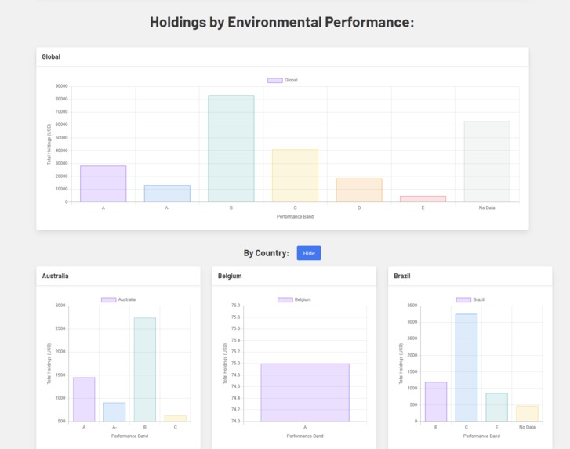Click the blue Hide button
(309, 253)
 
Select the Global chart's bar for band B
(231, 149)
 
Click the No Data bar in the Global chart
(487, 161)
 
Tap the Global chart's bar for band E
(423, 199)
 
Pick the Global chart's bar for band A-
(167, 194)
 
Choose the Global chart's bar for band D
(359, 190)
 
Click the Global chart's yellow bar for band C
(295, 176)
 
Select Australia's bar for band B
(145, 369)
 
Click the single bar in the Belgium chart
(305, 392)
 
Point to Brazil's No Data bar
(527, 413)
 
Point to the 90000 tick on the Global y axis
(61, 86)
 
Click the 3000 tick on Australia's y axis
(61, 306)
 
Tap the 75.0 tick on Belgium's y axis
(235, 364)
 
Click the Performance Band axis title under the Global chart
(295, 216)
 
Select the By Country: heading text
(266, 253)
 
